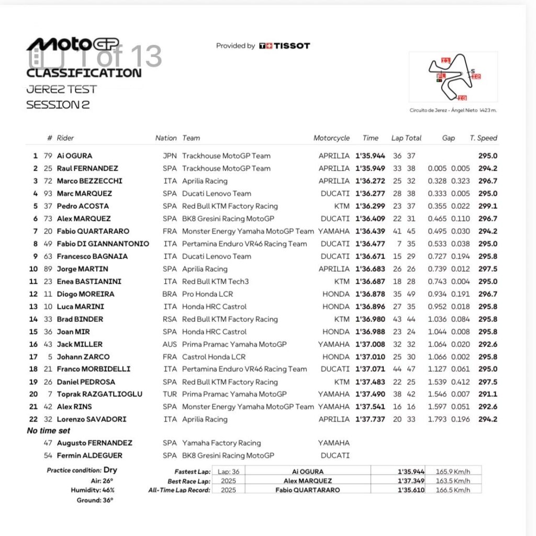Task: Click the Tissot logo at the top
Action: click(x=284, y=46)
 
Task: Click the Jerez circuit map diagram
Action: click(x=453, y=76)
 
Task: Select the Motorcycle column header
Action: click(x=331, y=138)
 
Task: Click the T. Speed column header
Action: click(x=483, y=138)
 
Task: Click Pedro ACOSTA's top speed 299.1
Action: click(x=487, y=206)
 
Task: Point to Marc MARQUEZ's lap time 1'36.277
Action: click(x=370, y=194)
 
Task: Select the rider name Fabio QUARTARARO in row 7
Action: click(x=93, y=231)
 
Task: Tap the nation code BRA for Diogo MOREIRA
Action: click(x=170, y=294)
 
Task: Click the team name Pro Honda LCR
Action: click(x=208, y=294)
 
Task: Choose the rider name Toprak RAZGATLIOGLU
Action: click(x=99, y=394)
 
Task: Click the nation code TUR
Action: click(x=170, y=394)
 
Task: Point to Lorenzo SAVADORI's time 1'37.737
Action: click(x=370, y=419)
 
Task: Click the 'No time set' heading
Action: click(x=48, y=431)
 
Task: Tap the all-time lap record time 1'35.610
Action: click(x=411, y=490)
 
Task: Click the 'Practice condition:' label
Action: click(x=74, y=470)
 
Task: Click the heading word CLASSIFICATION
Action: click(x=84, y=73)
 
